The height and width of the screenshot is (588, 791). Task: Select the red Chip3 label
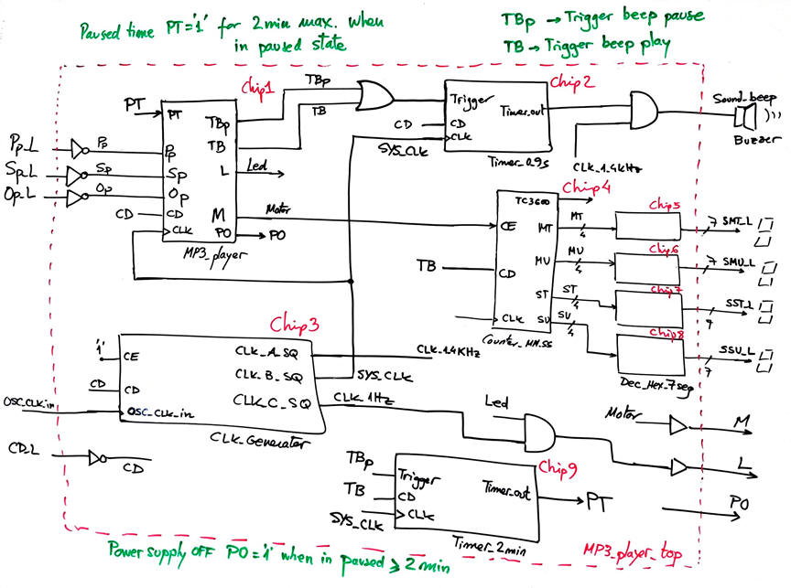click(294, 326)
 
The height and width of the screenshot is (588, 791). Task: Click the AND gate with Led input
click(545, 429)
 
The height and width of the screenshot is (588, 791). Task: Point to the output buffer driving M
click(678, 425)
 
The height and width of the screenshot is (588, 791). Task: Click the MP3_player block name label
click(216, 255)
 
